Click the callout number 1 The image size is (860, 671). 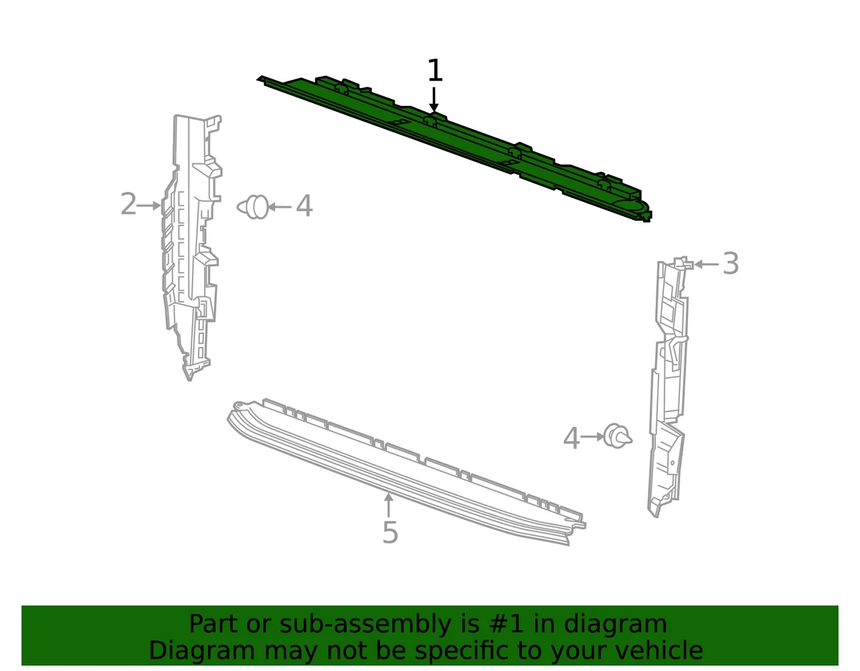(434, 72)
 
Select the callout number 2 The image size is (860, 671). (128, 205)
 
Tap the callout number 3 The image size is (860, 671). (730, 264)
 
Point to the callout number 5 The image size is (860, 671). (389, 533)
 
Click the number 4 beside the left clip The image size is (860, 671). (304, 206)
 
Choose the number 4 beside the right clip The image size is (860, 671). (571, 438)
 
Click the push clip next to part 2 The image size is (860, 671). (254, 207)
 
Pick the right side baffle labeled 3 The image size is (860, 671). (668, 387)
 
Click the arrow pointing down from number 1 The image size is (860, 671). (434, 99)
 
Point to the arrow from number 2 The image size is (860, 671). (150, 206)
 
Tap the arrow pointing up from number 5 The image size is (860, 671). (388, 504)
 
